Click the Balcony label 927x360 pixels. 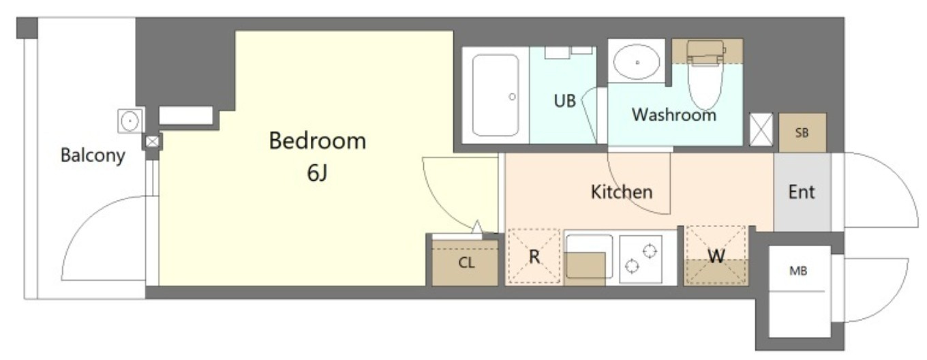pos(93,155)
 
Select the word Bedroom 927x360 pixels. pos(318,140)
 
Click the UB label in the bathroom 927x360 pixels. pos(564,100)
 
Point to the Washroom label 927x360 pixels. pos(673,115)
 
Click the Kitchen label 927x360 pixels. pos(622,192)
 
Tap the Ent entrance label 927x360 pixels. pos(801,192)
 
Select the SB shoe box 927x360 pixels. pos(802,132)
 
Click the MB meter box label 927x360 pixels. pos(798,271)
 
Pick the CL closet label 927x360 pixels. pos(466,262)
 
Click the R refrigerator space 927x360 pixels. pos(534,256)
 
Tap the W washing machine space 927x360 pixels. pos(716,256)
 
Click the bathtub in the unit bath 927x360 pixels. pos(496,95)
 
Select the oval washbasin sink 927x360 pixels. pos(637,62)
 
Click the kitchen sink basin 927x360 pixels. pos(589,256)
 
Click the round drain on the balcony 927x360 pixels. pos(130,121)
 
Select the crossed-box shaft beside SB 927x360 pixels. pos(761,130)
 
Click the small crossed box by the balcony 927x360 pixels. pos(152,142)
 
